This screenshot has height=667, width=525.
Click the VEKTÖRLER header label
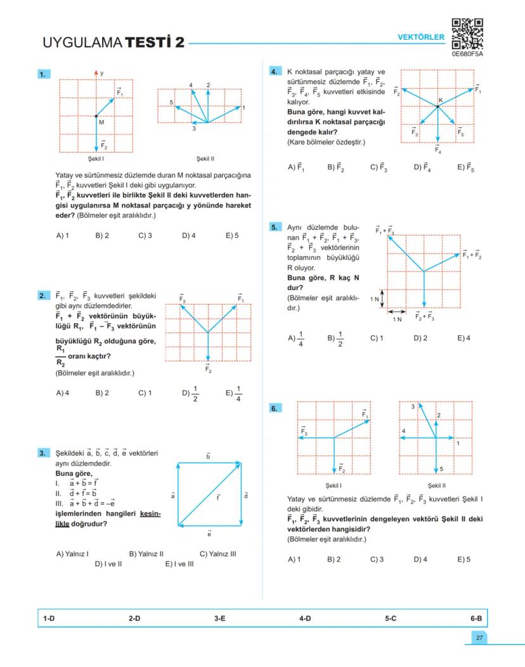tap(421, 37)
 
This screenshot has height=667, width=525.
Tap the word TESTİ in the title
tap(155, 43)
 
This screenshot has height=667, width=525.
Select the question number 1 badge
tap(43, 75)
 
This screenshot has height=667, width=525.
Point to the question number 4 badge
tap(274, 72)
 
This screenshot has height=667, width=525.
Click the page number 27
tap(479, 637)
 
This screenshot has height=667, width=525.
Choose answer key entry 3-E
tap(220, 617)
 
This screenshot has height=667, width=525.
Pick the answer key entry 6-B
tap(476, 617)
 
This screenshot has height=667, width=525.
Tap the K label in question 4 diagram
tap(441, 100)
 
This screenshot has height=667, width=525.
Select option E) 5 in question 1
tap(232, 236)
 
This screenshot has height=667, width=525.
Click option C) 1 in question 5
tap(377, 338)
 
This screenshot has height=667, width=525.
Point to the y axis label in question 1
tap(101, 73)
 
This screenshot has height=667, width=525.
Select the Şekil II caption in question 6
tap(436, 485)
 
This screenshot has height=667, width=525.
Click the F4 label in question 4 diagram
tap(438, 150)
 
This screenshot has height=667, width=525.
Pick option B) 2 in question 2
tap(102, 393)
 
